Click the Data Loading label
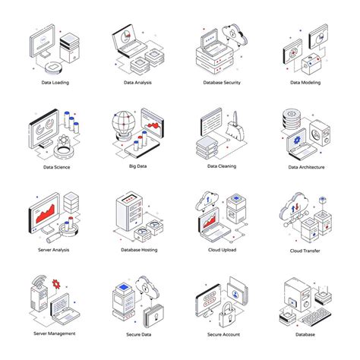[56, 83]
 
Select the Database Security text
[222, 83]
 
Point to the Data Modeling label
[305, 83]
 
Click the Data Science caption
[56, 167]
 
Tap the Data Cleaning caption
[222, 167]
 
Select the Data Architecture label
[305, 167]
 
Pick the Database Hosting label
[139, 250]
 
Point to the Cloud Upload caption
[222, 250]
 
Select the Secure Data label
[139, 334]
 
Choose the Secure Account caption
[222, 334]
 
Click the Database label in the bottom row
[305, 334]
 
